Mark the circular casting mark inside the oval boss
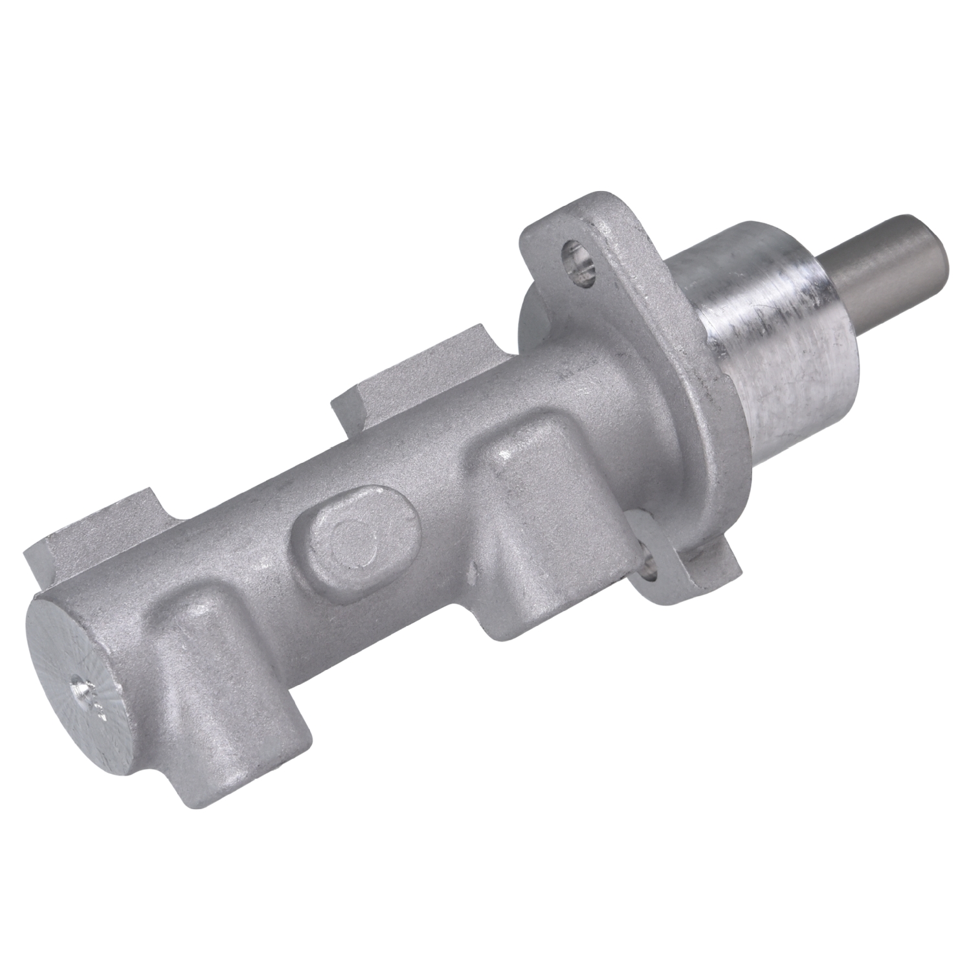353,544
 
